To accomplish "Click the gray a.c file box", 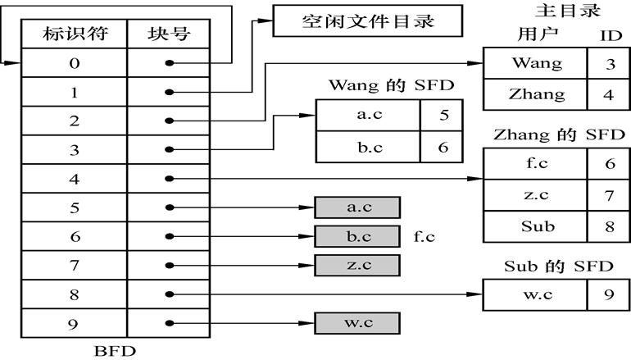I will tap(357, 207).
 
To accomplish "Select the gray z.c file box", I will tap(357, 265).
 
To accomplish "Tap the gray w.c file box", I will tap(357, 322).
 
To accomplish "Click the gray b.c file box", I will tap(357, 236).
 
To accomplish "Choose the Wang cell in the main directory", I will tap(536, 63).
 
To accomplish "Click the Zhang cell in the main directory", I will tap(536, 93).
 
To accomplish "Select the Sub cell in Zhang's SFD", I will tap(536, 226).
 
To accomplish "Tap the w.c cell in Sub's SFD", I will tap(536, 293).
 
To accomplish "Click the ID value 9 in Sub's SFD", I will tap(608, 293).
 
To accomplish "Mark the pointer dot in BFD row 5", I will tap(169, 207).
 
